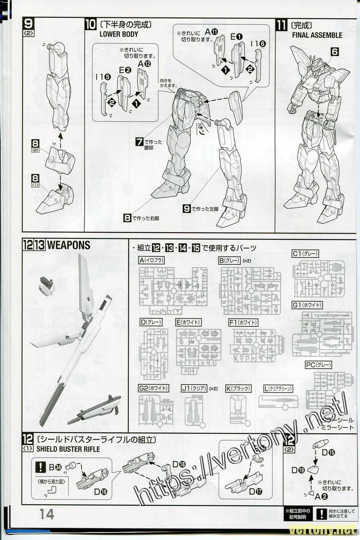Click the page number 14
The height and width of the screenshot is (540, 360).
(x=47, y=514)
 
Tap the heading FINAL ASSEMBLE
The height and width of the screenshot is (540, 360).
(x=317, y=35)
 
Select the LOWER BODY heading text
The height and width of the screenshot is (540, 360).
(x=116, y=34)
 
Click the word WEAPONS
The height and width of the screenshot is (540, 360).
(x=68, y=245)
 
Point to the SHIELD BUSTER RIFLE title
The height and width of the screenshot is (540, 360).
(x=68, y=449)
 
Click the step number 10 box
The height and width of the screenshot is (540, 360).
(x=90, y=24)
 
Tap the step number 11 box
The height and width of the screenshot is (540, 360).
(x=282, y=24)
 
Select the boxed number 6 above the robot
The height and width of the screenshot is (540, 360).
(x=334, y=52)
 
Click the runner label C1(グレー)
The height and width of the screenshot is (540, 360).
(x=305, y=254)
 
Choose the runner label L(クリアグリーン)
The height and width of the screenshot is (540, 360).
(x=278, y=388)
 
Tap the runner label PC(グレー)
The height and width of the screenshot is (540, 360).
(x=318, y=364)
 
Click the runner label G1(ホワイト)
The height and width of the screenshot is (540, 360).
(x=307, y=305)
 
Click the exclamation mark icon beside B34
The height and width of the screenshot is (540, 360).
(x=41, y=466)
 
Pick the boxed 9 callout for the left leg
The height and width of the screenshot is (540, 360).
(x=186, y=208)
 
